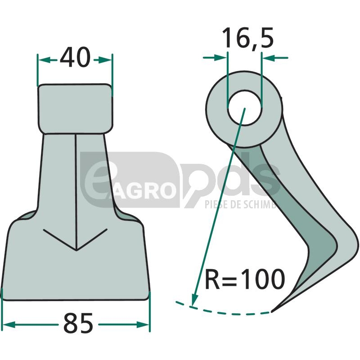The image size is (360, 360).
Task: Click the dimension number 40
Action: coord(75,58)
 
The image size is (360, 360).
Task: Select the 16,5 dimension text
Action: coord(248,38)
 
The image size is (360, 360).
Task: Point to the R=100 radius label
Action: coord(245,279)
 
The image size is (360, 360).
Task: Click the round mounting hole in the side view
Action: coord(245,108)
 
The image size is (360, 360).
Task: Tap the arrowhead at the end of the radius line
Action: coord(195,299)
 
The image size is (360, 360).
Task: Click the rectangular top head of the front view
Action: coord(75,108)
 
